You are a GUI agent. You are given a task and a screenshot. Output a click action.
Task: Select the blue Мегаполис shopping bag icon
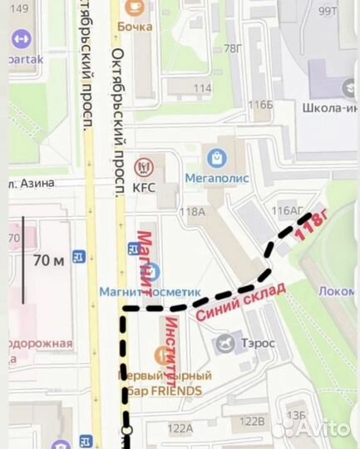217,155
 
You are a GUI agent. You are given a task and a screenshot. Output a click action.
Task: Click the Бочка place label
134,26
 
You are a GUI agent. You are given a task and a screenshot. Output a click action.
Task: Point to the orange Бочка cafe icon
133,7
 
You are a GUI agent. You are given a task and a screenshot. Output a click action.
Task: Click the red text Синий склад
240,301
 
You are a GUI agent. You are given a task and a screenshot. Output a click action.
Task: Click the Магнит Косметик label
150,293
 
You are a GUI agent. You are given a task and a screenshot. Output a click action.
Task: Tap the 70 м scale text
48,260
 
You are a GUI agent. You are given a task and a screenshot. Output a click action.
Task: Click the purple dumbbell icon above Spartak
20,39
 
